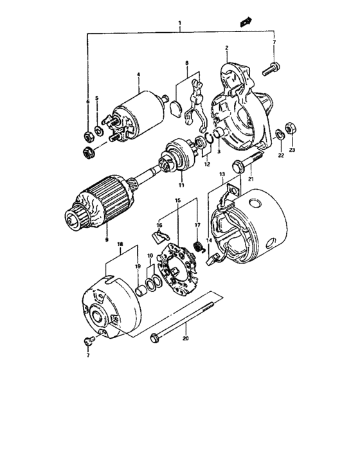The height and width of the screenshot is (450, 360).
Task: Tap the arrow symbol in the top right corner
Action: (x=245, y=22)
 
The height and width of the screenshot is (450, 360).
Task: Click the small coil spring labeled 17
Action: (x=199, y=246)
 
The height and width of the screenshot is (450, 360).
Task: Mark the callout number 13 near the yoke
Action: (x=222, y=174)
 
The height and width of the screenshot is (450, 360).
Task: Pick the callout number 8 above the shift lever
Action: (x=186, y=64)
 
